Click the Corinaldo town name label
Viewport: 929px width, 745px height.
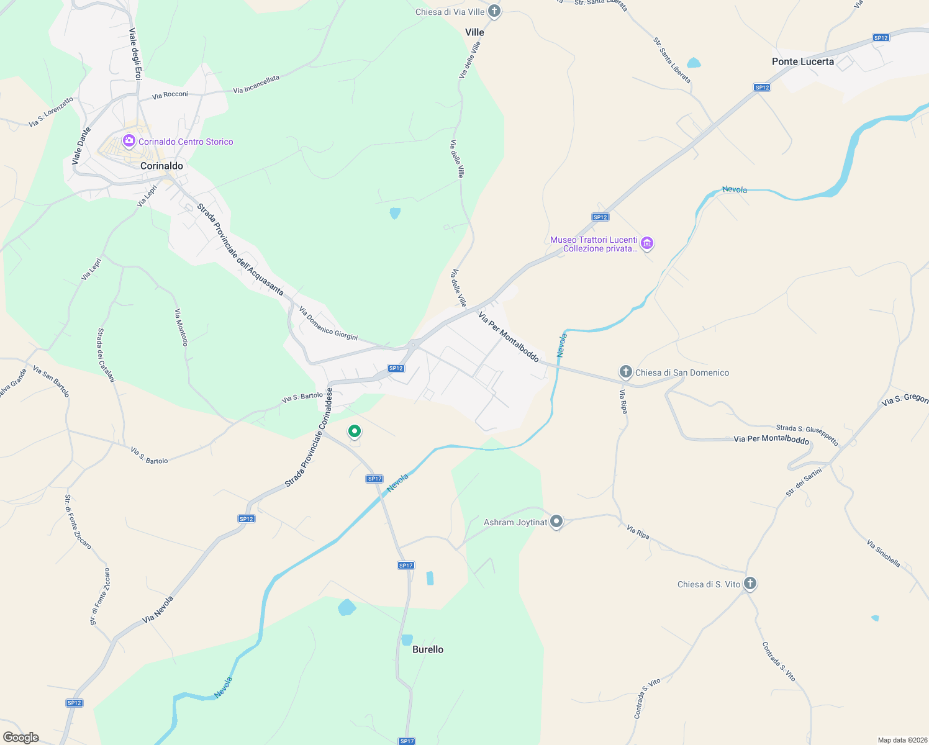(x=161, y=166)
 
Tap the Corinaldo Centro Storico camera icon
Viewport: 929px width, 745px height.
(x=129, y=141)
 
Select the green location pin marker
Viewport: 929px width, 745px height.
(x=355, y=431)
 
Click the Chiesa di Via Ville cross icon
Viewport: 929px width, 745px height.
(x=494, y=11)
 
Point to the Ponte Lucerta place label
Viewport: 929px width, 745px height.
(x=802, y=61)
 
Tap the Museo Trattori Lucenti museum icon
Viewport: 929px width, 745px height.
(x=647, y=243)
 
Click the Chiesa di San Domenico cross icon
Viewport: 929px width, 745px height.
(x=625, y=372)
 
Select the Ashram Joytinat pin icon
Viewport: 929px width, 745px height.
(x=556, y=521)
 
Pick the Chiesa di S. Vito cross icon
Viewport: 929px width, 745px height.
(x=750, y=584)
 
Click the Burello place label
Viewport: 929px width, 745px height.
(x=428, y=649)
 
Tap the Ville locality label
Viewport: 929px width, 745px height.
(x=474, y=32)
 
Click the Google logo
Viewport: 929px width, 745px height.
(x=21, y=738)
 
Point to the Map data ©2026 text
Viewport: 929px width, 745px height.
(x=900, y=740)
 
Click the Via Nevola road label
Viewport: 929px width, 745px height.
(x=158, y=610)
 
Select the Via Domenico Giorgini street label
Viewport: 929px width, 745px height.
(x=328, y=323)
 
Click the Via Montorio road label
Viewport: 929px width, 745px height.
(x=181, y=327)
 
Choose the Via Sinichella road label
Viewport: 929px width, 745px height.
(x=883, y=553)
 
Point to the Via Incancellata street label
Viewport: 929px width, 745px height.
(x=256, y=84)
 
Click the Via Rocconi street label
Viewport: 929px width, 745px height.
(x=170, y=95)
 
